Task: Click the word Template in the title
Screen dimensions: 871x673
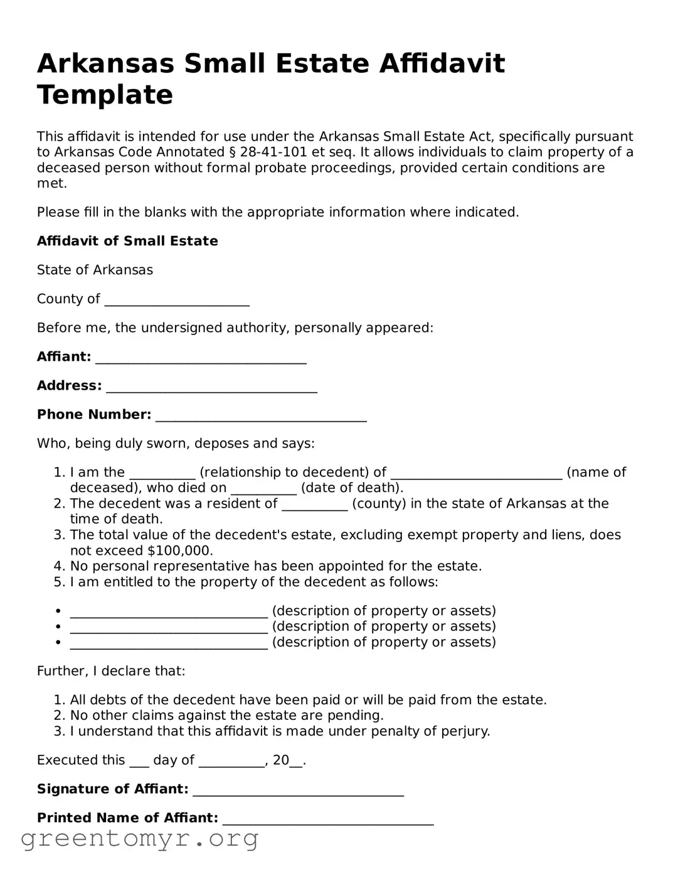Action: (105, 95)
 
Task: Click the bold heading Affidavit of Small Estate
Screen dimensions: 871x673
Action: (127, 241)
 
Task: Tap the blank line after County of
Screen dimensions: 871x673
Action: (177, 300)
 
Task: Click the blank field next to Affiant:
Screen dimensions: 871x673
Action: (201, 358)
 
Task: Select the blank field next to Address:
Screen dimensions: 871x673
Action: (211, 387)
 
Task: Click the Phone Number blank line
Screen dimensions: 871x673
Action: (261, 415)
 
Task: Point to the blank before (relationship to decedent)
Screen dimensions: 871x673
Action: (162, 473)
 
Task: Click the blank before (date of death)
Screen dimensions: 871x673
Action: (263, 489)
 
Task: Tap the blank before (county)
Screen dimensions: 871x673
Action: (314, 505)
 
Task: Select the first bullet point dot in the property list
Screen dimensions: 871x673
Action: (58, 611)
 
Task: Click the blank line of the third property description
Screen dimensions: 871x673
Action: (169, 643)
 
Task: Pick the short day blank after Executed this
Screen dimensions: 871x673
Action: (139, 761)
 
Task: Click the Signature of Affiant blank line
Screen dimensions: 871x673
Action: (298, 790)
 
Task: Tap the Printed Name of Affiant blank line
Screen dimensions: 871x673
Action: (328, 819)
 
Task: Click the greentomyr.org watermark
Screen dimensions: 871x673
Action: (140, 838)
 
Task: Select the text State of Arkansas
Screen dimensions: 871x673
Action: (95, 270)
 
